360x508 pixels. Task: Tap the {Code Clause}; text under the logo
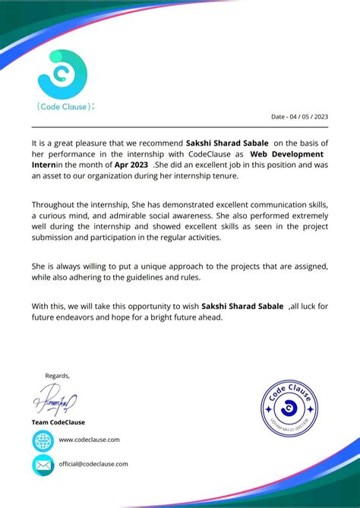65,106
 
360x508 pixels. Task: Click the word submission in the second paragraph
55,237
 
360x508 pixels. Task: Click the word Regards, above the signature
57,375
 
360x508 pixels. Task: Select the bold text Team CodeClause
58,422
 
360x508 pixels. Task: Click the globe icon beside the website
43,440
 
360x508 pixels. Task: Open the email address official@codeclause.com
93,463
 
